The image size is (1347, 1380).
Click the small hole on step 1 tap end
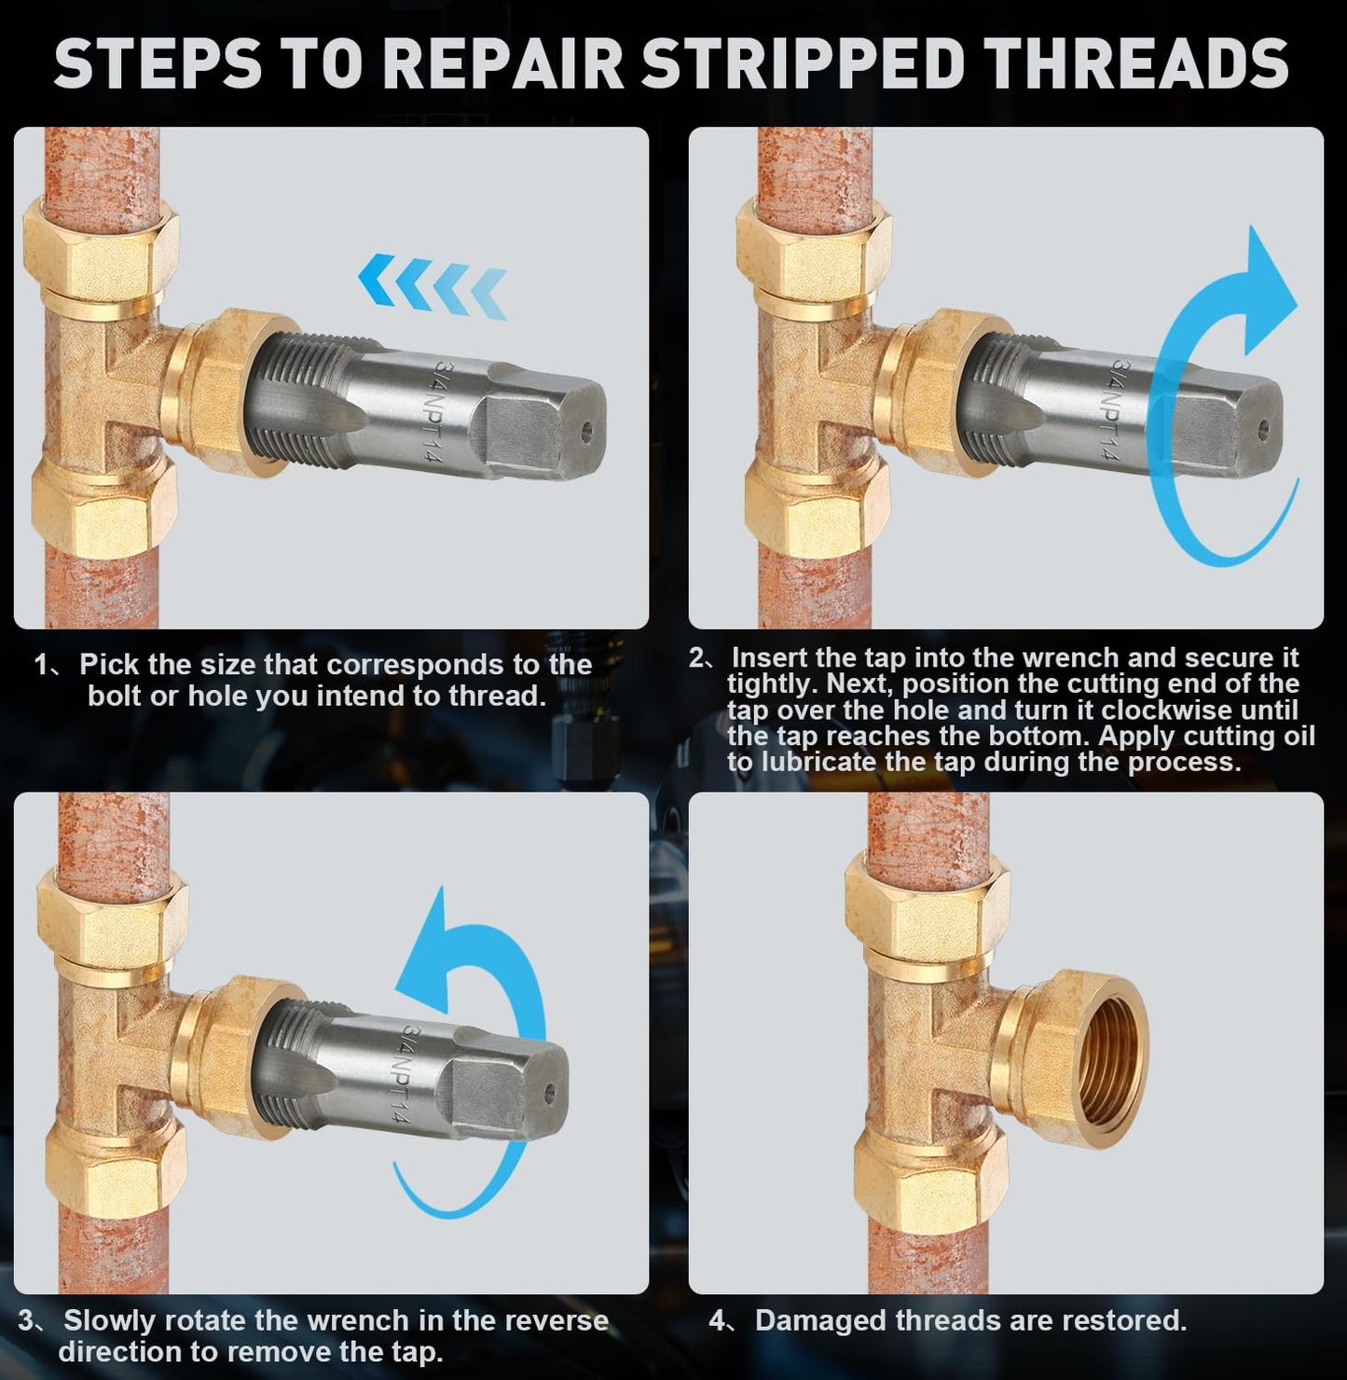pos(585,431)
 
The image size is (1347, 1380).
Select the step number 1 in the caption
pos(42,665)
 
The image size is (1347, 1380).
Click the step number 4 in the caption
pos(717,1320)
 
